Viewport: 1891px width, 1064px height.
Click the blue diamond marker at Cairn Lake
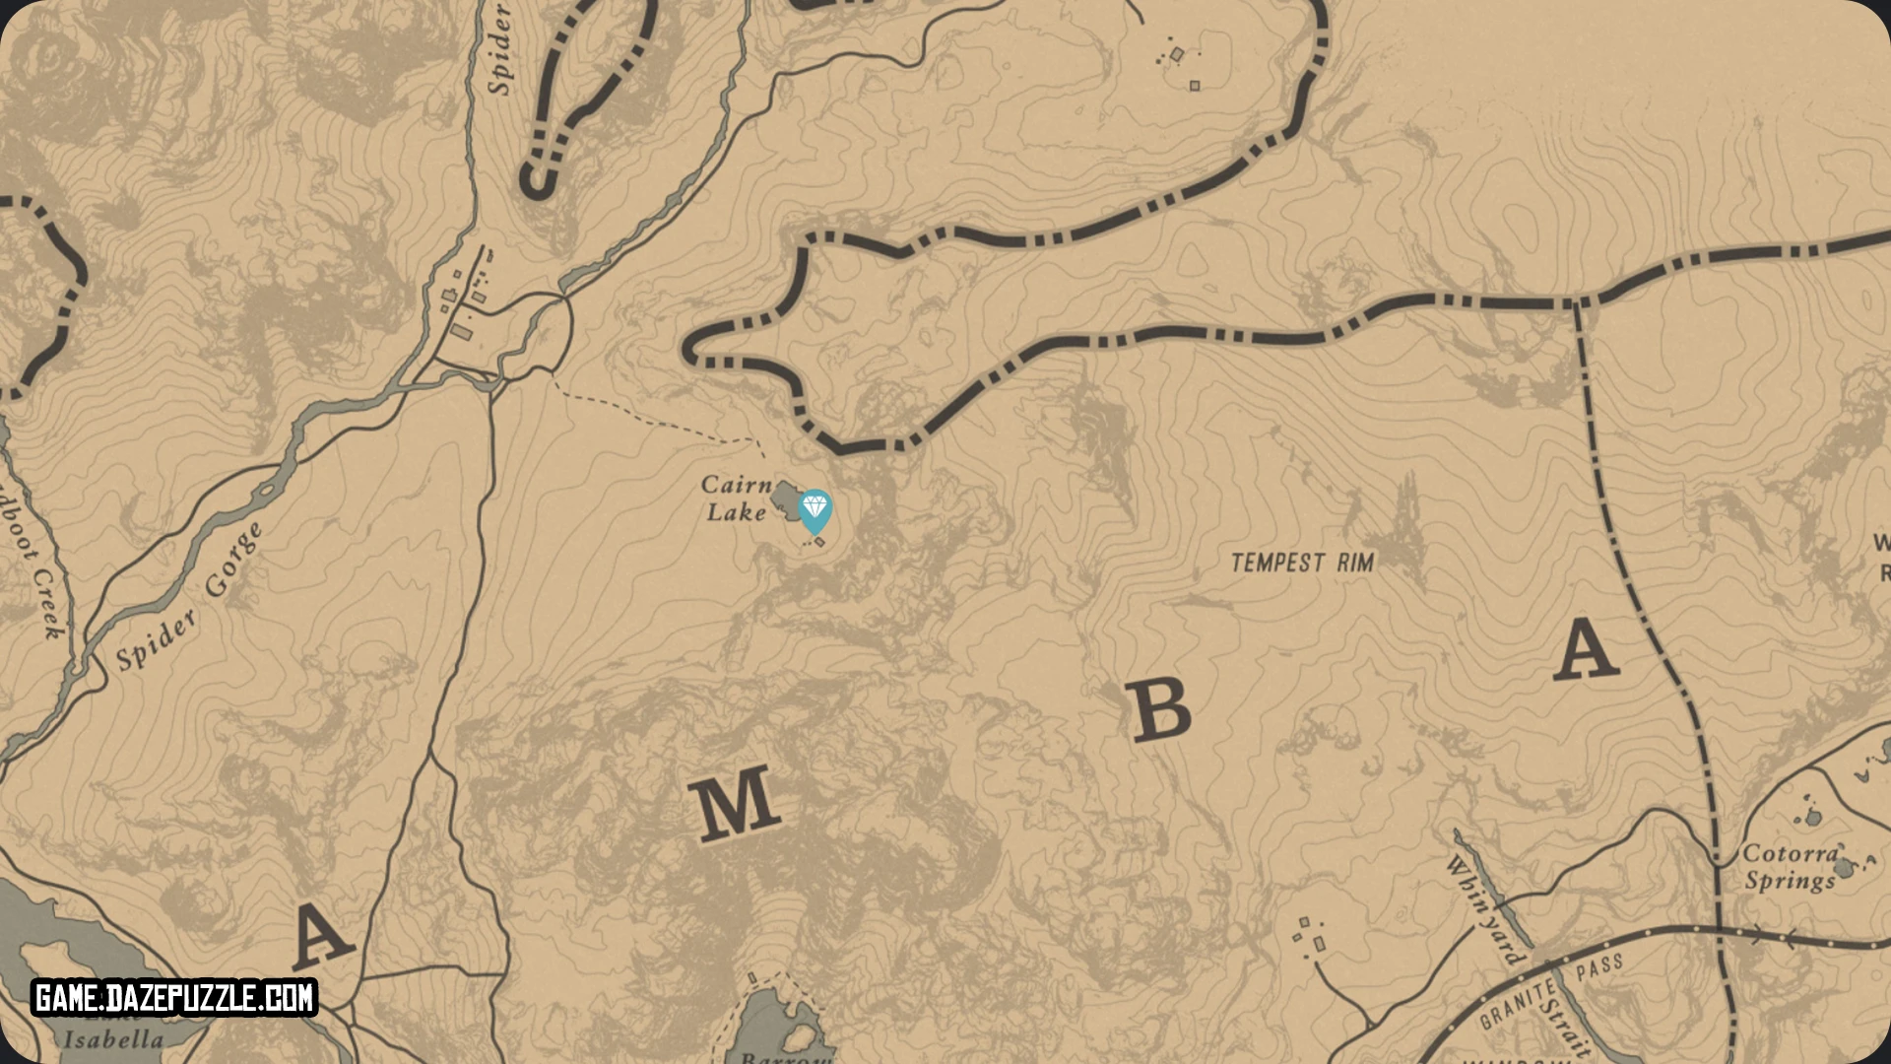click(815, 509)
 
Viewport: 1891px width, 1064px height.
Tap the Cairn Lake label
click(736, 498)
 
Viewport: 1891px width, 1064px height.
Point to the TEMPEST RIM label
click(1302, 563)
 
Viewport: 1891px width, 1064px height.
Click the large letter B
click(1161, 710)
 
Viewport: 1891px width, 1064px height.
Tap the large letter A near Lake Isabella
click(321, 937)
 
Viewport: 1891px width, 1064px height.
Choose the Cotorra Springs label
click(1791, 867)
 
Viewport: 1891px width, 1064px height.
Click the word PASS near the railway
click(1599, 966)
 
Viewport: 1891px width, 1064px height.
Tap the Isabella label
click(113, 1039)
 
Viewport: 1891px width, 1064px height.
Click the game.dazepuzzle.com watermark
click(174, 998)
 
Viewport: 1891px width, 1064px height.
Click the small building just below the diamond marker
click(819, 541)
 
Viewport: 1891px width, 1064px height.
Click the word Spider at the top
click(500, 49)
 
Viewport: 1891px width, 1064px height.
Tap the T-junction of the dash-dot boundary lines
click(1577, 301)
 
